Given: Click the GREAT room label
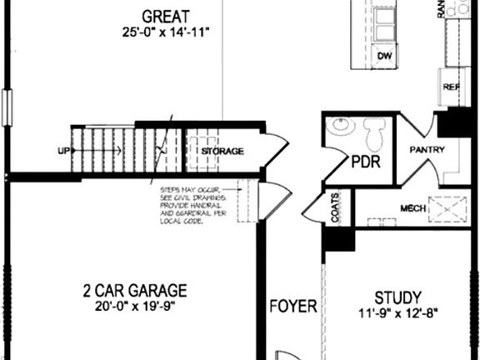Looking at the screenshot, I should pyautogui.click(x=165, y=16).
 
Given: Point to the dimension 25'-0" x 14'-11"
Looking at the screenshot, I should pyautogui.click(x=165, y=32).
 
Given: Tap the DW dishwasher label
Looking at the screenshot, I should pyautogui.click(x=384, y=56).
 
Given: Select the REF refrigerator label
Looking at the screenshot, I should pyautogui.click(x=452, y=87).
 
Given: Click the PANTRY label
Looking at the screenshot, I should pyautogui.click(x=427, y=150).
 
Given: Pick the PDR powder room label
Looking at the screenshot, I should pyautogui.click(x=365, y=162).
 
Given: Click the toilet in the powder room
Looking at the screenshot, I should pyautogui.click(x=373, y=132).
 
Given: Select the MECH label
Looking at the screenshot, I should pyautogui.click(x=413, y=208).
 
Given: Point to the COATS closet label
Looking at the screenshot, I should pyautogui.click(x=335, y=212).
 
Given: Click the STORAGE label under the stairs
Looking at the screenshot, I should pyautogui.click(x=222, y=152).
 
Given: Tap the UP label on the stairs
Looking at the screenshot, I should pyautogui.click(x=63, y=151).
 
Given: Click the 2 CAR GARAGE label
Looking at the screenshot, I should pyautogui.click(x=134, y=291).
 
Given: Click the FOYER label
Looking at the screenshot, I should pyautogui.click(x=292, y=307).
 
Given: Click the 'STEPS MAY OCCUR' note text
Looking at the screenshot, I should pyautogui.click(x=192, y=207).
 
